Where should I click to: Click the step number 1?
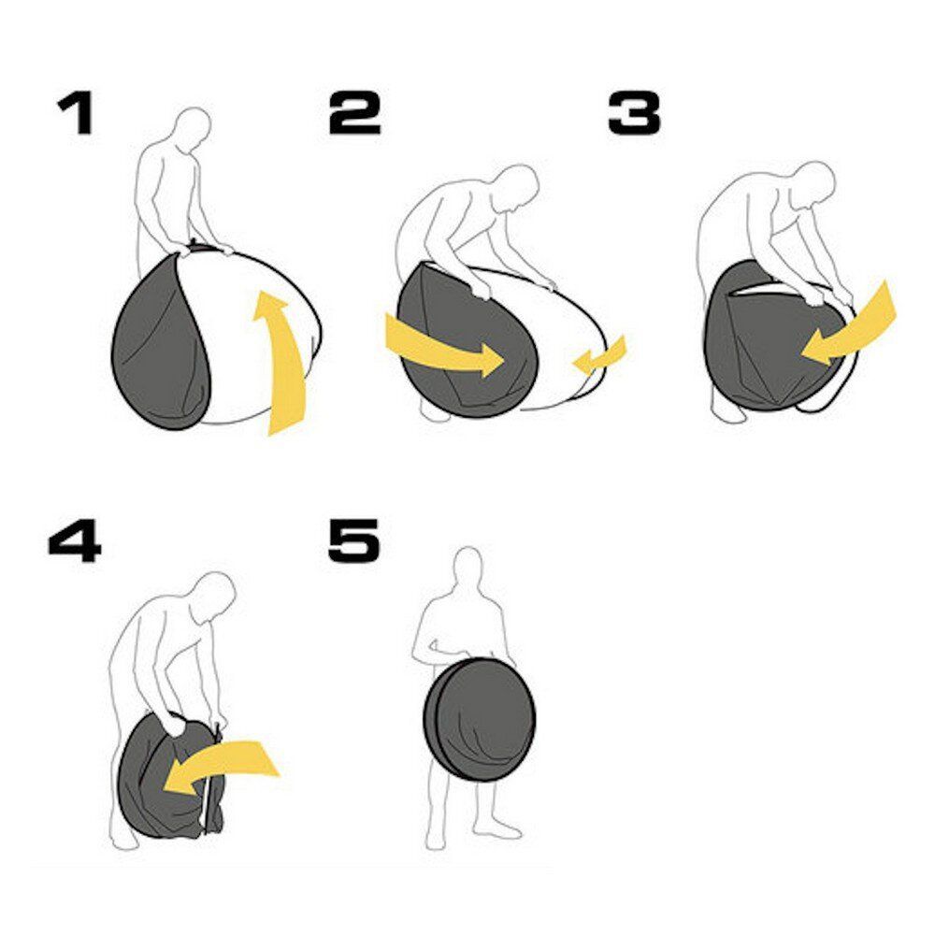(77, 113)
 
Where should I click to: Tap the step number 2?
(355, 113)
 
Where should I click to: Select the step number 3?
(635, 113)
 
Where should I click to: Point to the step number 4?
(75, 540)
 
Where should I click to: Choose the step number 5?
(354, 540)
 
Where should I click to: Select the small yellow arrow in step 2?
(599, 356)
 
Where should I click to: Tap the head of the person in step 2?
(517, 187)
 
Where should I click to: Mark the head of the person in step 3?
(813, 183)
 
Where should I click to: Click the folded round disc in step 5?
(480, 720)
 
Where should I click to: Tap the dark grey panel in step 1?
(161, 346)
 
